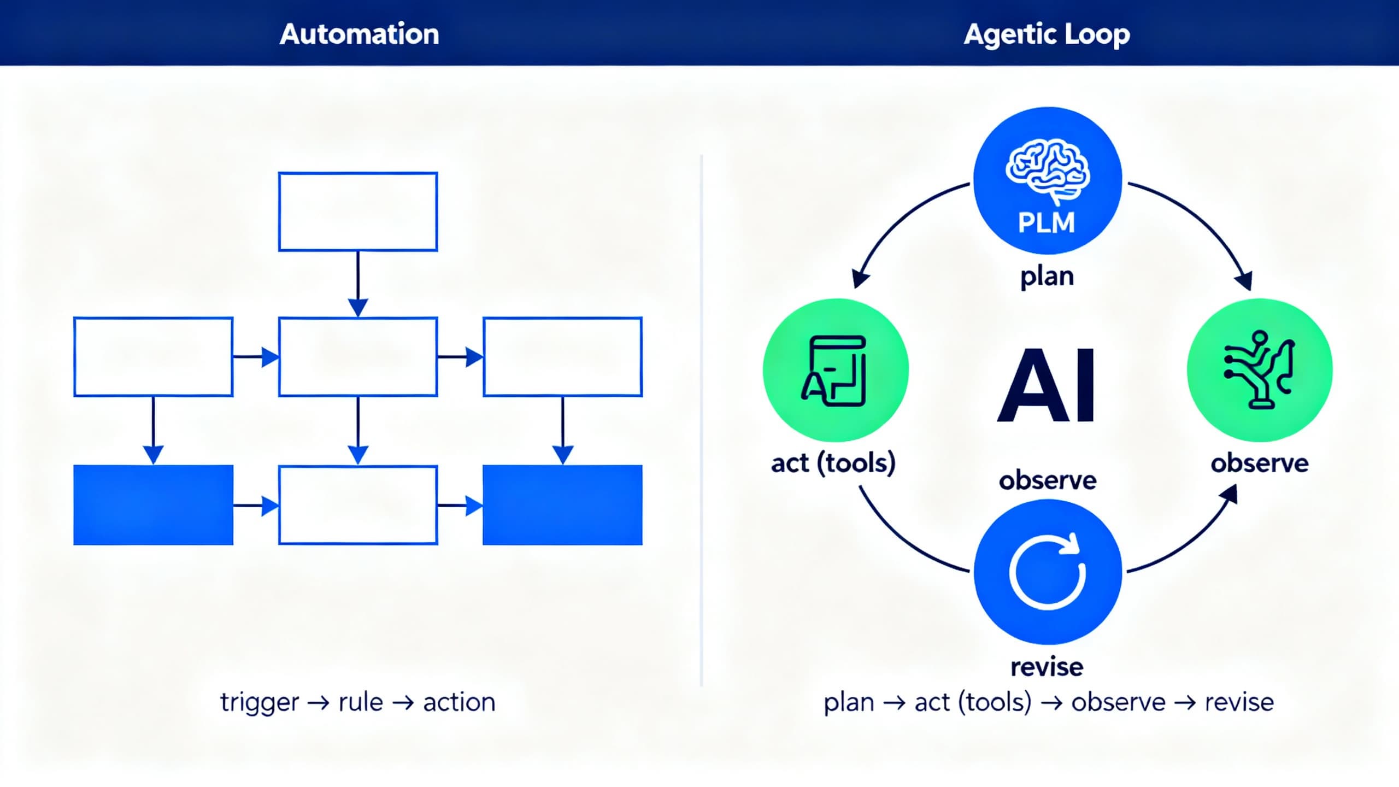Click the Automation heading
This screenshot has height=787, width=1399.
coord(359,34)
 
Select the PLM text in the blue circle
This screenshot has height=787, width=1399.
coord(1047,222)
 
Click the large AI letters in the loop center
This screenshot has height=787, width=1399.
coord(1047,385)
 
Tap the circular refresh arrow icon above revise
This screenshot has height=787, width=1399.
coord(1047,572)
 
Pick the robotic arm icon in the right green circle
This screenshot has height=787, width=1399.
coord(1259,370)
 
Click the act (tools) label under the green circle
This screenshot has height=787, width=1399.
coord(833,463)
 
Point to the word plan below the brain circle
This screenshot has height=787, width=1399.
coord(1047,277)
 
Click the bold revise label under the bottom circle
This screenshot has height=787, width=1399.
coord(1047,667)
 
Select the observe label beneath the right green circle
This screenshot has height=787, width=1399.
coord(1259,463)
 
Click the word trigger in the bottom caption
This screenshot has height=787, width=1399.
coord(260,702)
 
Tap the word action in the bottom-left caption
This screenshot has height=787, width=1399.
coord(459,702)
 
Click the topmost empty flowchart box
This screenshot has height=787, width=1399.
coord(358,212)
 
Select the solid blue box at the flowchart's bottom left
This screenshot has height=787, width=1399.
coord(154,505)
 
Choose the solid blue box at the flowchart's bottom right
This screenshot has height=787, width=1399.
coord(562,505)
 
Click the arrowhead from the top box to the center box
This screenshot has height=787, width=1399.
coord(358,307)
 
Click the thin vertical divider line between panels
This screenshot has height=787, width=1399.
coord(701,421)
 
